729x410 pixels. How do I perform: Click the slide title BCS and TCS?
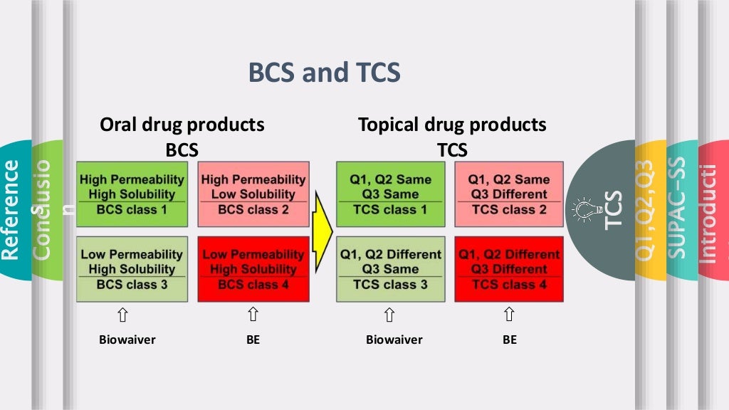324,73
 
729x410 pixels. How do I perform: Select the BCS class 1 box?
132,194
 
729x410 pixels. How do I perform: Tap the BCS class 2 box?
253,194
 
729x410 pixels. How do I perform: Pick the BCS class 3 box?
132,269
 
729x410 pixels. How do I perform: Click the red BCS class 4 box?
253,269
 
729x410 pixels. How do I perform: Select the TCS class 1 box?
390,194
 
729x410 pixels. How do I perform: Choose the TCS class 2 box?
509,194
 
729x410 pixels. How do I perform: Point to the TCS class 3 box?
390,269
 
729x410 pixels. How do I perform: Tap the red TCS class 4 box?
509,269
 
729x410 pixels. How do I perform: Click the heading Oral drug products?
182,125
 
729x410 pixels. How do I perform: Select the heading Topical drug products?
452,125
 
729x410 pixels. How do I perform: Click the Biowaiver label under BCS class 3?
127,340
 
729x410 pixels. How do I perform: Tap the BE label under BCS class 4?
253,340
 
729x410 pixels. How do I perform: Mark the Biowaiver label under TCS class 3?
394,340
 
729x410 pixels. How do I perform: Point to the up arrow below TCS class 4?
509,315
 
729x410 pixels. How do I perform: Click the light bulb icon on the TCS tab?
582,209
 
